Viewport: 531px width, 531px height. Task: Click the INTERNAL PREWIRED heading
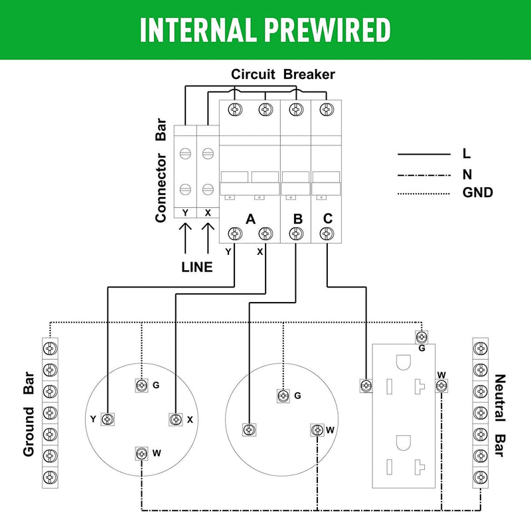265,30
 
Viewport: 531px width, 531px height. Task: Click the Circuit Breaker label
283,74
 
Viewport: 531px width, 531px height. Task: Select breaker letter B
297,218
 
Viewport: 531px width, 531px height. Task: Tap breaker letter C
327,218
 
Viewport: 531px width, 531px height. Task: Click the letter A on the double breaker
250,218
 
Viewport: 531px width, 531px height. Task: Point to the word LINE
197,267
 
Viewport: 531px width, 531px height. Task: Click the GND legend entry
477,194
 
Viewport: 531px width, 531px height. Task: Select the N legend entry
467,174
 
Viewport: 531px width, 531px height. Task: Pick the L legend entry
466,154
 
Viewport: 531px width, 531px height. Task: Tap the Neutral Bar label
501,416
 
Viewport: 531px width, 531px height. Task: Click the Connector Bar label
161,171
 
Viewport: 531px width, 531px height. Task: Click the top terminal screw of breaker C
325,109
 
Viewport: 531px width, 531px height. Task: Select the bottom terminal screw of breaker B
295,233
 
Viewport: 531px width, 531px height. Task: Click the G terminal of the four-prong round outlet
141,385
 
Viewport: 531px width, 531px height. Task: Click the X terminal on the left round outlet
175,419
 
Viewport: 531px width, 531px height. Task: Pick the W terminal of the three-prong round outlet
317,430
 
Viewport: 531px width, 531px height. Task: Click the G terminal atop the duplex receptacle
419,337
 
